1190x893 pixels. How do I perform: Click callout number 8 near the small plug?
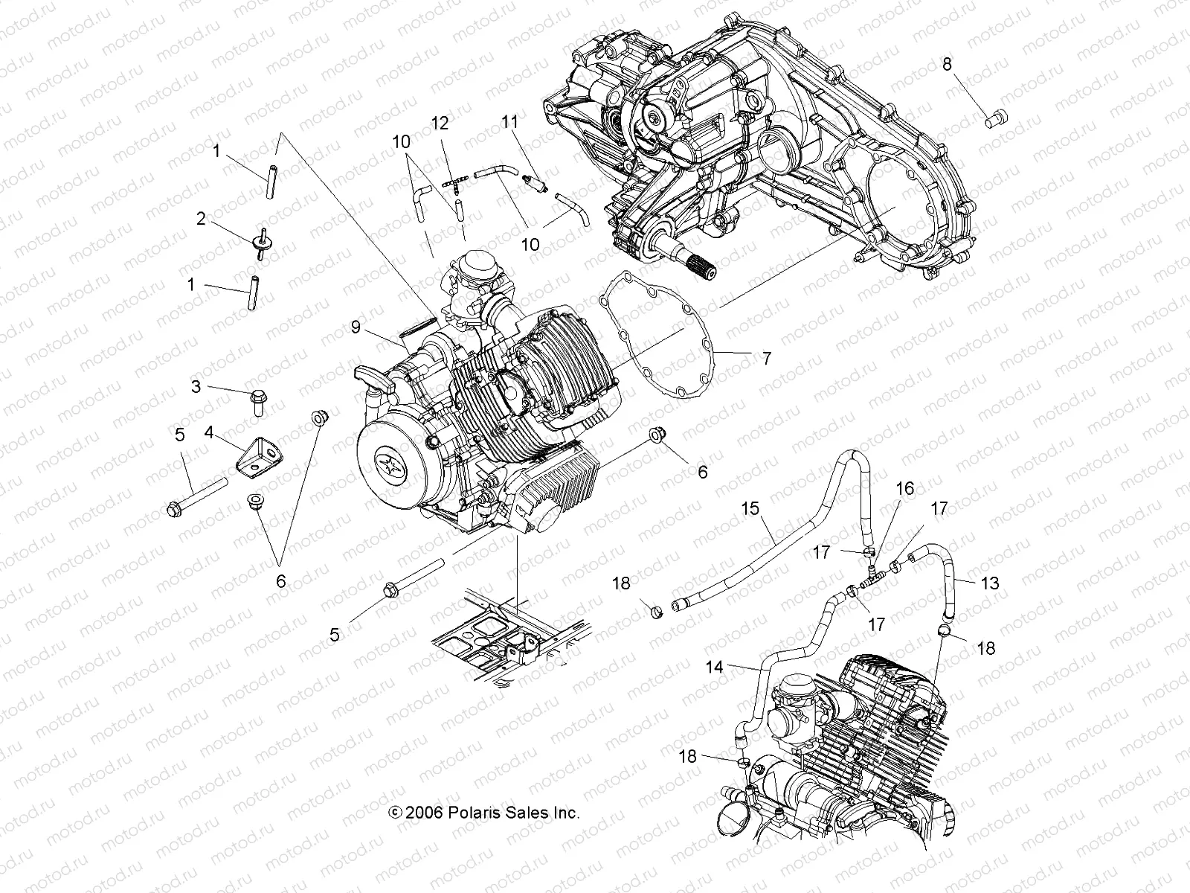(x=946, y=65)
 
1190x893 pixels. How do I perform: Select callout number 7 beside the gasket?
(x=765, y=359)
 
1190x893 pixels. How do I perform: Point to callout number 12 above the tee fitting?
(x=440, y=124)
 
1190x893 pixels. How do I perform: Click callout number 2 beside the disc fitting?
(x=201, y=219)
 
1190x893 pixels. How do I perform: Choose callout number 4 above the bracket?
(x=210, y=432)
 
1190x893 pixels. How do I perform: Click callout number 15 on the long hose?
(x=750, y=509)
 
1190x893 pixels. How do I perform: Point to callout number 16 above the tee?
(x=904, y=489)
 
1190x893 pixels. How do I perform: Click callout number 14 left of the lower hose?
(x=715, y=668)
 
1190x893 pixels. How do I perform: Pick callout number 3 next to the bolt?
(x=196, y=386)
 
